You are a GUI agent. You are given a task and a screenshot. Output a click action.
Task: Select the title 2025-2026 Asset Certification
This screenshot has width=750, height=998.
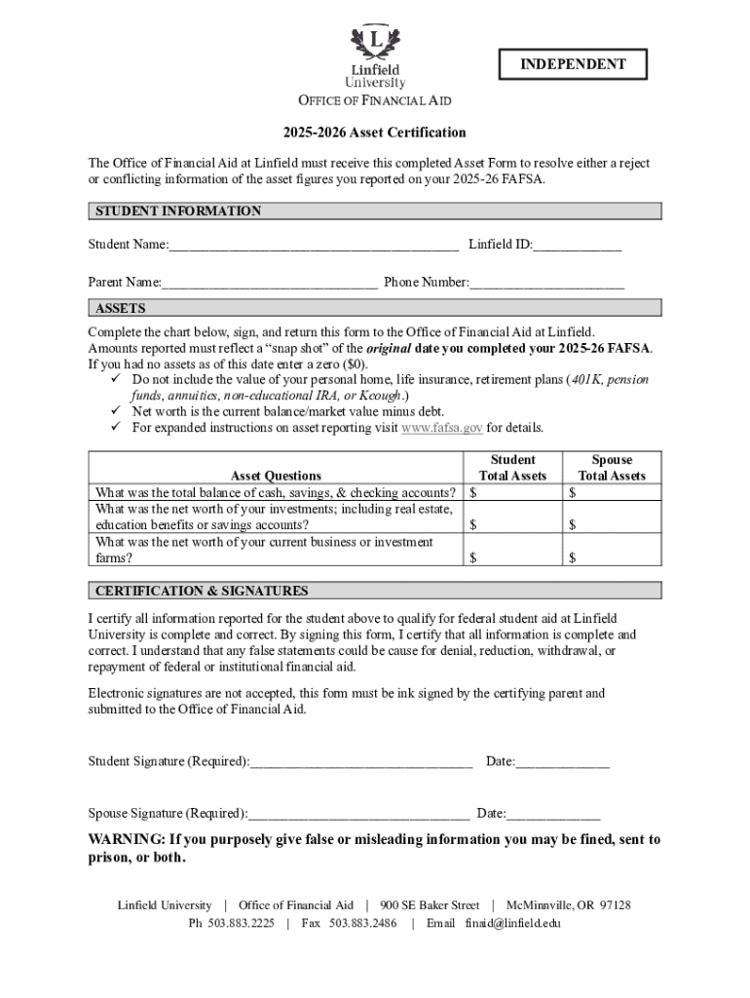375,133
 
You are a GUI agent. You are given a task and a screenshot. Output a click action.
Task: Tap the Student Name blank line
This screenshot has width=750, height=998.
313,244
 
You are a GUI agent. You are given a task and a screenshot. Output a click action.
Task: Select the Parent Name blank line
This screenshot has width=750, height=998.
270,283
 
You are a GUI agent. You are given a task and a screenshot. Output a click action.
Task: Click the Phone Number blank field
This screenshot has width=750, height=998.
546,283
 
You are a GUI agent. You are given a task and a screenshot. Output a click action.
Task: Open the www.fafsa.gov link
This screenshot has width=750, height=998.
441,428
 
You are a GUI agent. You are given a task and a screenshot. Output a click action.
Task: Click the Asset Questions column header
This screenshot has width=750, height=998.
276,476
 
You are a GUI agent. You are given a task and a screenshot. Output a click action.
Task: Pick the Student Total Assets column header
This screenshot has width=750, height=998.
512,468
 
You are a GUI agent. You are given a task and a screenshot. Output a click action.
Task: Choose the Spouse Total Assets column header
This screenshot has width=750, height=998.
612,468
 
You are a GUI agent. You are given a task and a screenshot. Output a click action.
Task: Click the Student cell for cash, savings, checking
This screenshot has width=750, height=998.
512,493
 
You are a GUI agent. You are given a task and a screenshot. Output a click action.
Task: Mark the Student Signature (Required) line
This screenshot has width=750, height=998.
360,761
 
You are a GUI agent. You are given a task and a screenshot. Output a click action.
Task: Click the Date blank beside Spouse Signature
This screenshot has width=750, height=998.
553,813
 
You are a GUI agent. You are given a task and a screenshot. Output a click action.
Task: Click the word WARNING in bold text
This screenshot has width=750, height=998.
126,839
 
